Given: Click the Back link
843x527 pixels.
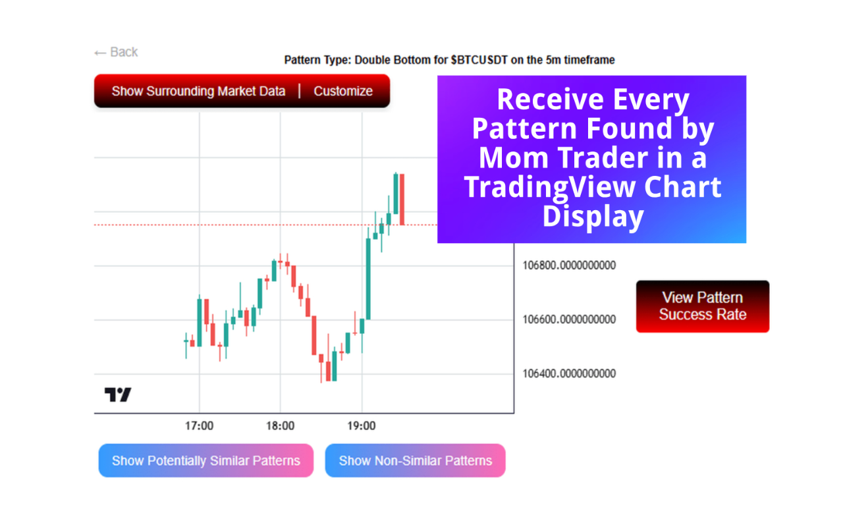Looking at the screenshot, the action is [x=116, y=52].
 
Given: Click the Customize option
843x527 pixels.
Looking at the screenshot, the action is [x=343, y=91].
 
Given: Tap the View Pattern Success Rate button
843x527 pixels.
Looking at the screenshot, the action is [x=702, y=306].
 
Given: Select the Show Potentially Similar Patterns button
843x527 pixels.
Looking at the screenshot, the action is [x=206, y=460].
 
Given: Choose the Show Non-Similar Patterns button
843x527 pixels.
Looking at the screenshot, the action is [x=415, y=460].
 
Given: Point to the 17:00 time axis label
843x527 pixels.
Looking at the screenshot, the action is [x=199, y=426].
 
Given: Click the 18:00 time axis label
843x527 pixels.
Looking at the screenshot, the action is [x=281, y=426].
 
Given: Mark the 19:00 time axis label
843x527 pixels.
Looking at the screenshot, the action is [x=362, y=426].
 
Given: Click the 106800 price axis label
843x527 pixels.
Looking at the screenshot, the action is [x=569, y=265].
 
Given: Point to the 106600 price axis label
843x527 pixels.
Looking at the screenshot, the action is [x=569, y=319].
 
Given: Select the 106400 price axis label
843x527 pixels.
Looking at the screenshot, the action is [x=569, y=374].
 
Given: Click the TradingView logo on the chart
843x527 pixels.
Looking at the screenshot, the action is [x=118, y=395].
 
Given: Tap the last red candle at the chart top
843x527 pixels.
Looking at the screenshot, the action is [x=402, y=200].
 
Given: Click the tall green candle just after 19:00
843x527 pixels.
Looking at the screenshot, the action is [x=368, y=279].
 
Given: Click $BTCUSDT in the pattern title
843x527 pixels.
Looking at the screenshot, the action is [x=479, y=60].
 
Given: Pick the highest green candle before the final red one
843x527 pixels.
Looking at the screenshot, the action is [x=396, y=194].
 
